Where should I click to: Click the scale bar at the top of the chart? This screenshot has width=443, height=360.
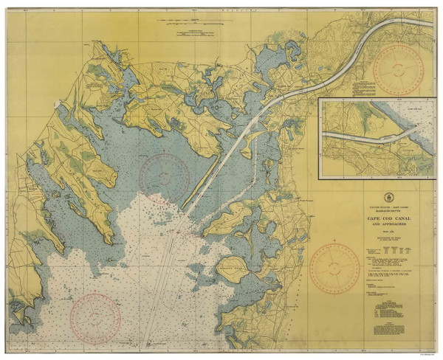194,31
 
